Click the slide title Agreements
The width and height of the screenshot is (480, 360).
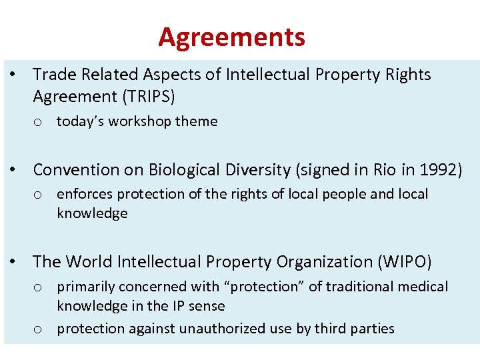[231, 37]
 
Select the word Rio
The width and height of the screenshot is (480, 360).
[383, 170]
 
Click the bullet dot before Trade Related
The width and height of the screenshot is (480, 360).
[13, 75]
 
